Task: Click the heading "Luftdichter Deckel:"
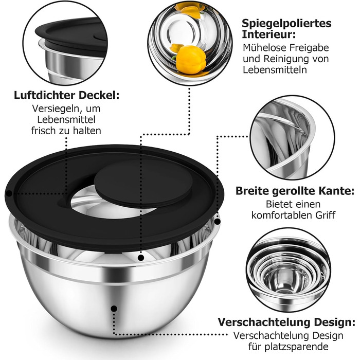(66, 95)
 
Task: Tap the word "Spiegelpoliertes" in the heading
(286, 24)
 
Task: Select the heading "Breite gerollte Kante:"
(295, 191)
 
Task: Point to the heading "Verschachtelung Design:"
(286, 322)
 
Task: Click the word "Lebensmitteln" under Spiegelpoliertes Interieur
(275, 70)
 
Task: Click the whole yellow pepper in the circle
(191, 60)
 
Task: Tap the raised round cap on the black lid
(143, 182)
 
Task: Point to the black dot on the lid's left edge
(9, 193)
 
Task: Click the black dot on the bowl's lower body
(114, 309)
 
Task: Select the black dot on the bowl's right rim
(217, 222)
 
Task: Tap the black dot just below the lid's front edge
(141, 258)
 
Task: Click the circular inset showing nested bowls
(289, 269)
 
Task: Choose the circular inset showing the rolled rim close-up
(292, 137)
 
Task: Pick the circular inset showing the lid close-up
(65, 43)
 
